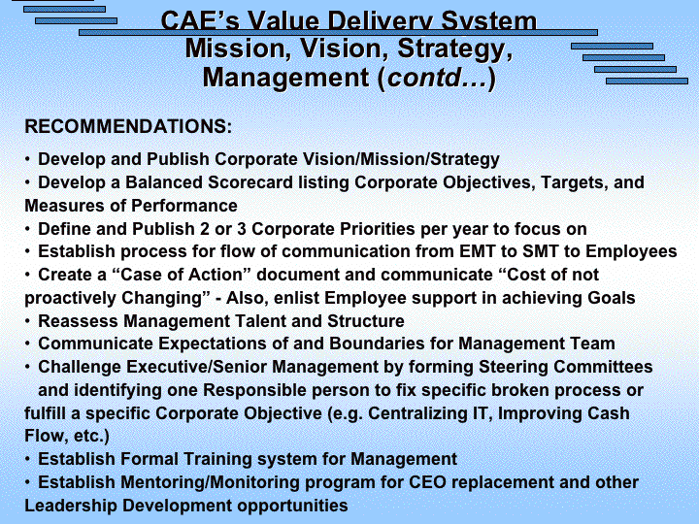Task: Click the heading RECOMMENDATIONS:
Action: pos(128,126)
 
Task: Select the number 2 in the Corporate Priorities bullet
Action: pos(205,229)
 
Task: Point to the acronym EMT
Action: pos(478,251)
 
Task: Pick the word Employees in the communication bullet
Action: pos(631,252)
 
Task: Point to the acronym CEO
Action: pos(427,482)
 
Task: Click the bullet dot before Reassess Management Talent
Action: pos(27,321)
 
